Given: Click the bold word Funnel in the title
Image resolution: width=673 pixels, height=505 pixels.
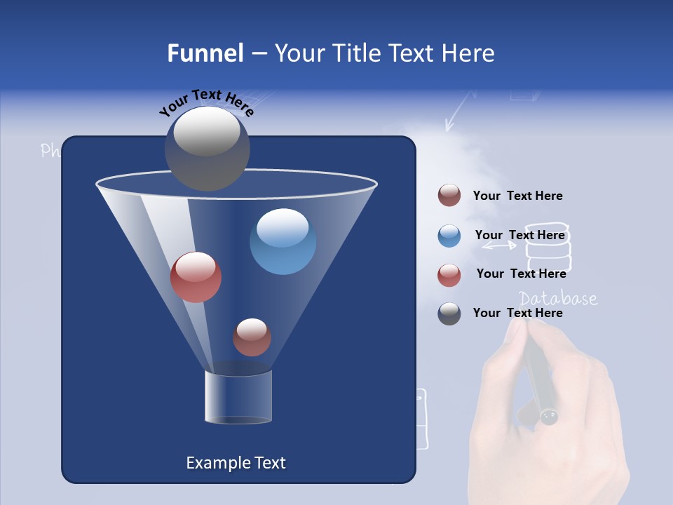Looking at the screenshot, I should coord(205,53).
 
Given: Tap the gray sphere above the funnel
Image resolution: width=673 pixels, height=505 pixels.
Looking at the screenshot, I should coord(207,148).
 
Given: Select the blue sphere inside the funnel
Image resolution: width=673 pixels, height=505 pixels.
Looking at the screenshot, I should coord(283,241).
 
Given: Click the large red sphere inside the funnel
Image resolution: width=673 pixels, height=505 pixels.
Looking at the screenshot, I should coord(196,277).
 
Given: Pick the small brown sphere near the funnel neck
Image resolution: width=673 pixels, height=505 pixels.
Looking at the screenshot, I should coord(252,337).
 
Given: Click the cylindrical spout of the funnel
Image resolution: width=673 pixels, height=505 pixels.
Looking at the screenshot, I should coord(238,397).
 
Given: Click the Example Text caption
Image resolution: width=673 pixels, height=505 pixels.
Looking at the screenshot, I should coord(236,463).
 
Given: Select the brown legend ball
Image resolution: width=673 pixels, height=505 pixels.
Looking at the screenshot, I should coord(449,196).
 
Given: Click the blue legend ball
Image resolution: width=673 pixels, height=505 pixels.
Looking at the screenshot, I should coord(449,235).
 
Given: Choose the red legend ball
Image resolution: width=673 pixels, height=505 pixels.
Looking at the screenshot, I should coord(449,274).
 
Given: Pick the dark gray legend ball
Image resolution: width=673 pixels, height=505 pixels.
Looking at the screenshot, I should coord(449,314).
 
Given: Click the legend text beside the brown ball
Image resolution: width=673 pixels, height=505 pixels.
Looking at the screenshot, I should coord(517,196).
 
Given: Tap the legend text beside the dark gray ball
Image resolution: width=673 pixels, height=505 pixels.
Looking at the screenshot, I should coord(517,313).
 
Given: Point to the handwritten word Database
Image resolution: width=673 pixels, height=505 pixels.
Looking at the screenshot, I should coord(558,299).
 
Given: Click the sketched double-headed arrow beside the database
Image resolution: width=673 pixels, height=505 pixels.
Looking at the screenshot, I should coord(499,245).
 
